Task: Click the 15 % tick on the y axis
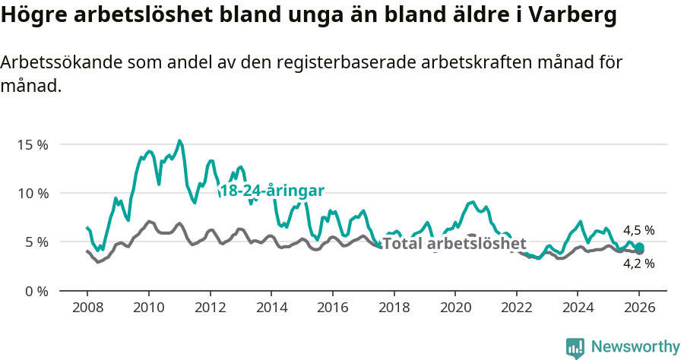coord(32,144)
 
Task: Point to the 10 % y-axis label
coord(32,193)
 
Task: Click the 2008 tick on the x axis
coord(87,308)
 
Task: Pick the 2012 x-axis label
coord(210,308)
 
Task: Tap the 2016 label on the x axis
coord(332,308)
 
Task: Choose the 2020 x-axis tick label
coord(454,308)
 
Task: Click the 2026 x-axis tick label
coord(639,308)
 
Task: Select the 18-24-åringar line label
coord(271,191)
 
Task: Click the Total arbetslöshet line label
coord(454,244)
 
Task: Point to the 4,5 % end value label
coord(638,230)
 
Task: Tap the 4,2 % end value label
coord(638,264)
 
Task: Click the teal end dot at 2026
coord(640,247)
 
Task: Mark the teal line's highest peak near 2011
coord(179,141)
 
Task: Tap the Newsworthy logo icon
coord(575,347)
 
